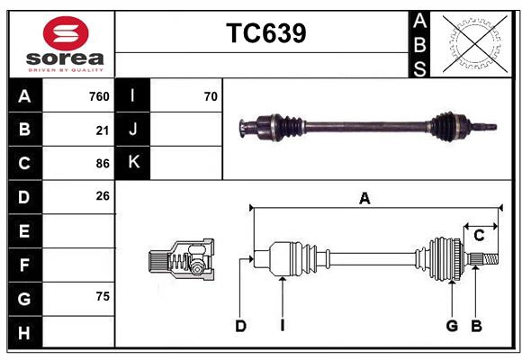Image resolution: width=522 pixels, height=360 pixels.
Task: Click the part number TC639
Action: [265, 33]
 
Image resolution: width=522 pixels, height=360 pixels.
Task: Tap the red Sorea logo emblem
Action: [66, 35]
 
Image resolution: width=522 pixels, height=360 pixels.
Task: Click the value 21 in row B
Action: [103, 130]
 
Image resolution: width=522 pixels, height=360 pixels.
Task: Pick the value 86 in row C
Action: [103, 164]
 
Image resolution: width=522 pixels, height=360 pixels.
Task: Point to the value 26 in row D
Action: [103, 195]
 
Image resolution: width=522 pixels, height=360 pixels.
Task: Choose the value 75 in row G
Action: [103, 296]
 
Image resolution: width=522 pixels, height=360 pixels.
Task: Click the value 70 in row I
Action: [211, 96]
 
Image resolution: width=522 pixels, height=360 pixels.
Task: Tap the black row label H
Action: [24, 332]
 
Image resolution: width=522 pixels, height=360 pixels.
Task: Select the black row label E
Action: [24, 231]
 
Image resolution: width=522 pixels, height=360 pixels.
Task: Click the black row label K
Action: [133, 163]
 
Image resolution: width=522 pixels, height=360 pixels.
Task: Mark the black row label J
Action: [133, 130]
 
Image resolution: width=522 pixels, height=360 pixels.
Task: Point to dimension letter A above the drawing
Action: [364, 199]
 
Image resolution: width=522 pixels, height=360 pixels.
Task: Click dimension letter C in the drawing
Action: [479, 236]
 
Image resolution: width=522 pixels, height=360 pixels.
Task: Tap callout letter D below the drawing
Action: [240, 326]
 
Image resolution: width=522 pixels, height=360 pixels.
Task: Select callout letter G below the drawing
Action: [452, 326]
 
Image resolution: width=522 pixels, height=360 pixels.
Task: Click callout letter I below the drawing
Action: [282, 326]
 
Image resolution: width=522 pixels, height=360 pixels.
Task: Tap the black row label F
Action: [24, 265]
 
